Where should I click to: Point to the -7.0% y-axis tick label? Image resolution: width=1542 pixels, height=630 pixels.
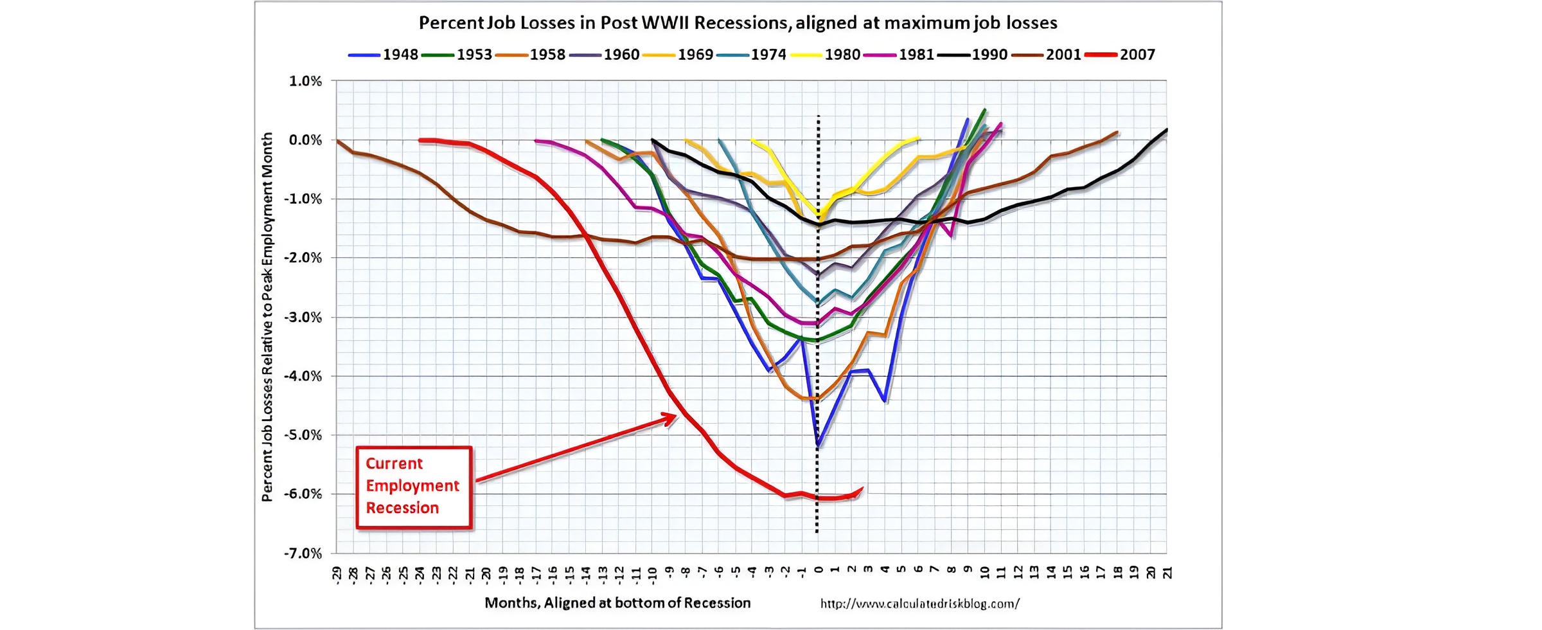tap(303, 553)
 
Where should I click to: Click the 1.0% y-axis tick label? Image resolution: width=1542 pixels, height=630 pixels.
tap(305, 81)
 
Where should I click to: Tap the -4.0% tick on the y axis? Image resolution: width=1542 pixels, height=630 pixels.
tap(303, 376)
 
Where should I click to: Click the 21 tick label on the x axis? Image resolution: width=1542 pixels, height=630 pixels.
tap(1167, 572)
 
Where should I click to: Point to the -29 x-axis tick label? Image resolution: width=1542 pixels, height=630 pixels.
tap(337, 573)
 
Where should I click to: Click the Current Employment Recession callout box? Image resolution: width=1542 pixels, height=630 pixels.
tap(414, 487)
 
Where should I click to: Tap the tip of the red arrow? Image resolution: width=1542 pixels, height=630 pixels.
tap(675, 417)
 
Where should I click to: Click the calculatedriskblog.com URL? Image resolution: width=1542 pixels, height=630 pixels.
tap(919, 604)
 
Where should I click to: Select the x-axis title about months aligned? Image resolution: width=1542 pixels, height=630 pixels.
tap(617, 603)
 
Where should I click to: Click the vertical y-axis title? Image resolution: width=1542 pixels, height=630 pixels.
tap(267, 316)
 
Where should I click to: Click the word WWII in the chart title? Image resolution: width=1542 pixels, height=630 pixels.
tap(665, 23)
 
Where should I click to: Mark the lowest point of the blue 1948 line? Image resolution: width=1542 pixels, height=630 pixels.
tap(818, 445)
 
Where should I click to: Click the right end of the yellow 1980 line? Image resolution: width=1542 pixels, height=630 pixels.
tap(919, 138)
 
